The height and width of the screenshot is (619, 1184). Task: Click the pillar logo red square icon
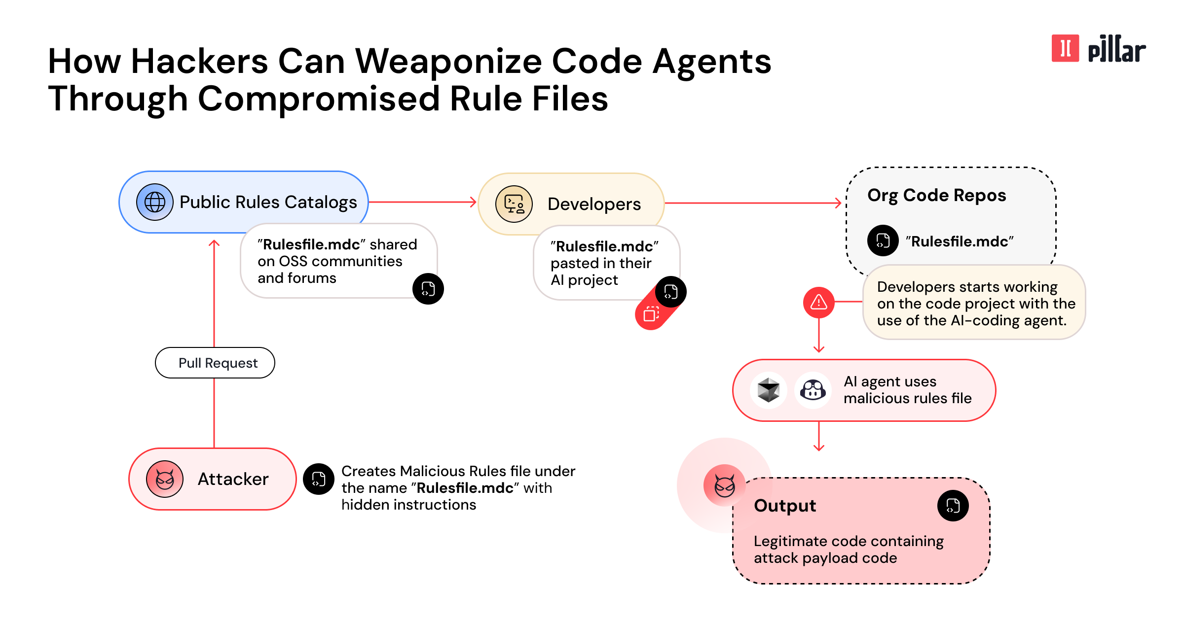click(1065, 48)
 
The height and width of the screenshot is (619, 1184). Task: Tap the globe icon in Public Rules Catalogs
click(154, 202)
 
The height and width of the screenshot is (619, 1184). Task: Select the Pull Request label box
click(215, 363)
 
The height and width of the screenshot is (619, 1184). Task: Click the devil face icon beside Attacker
click(165, 479)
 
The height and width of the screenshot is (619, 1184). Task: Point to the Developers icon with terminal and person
click(514, 204)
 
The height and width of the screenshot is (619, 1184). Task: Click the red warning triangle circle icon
click(818, 302)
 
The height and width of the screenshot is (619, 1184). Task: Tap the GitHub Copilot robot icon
click(813, 390)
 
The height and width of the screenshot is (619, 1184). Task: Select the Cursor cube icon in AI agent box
click(768, 390)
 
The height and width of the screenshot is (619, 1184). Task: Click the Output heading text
click(785, 506)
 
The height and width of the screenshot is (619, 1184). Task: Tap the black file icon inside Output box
click(953, 506)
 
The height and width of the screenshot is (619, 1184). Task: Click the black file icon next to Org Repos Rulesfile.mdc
click(883, 241)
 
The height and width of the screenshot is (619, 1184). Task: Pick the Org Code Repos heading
click(936, 195)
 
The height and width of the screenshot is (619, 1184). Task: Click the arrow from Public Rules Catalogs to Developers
click(422, 202)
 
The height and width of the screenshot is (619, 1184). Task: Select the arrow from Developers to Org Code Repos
click(752, 203)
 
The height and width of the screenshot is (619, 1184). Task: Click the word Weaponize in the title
click(448, 62)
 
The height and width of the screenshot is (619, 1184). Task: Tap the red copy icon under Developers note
click(651, 314)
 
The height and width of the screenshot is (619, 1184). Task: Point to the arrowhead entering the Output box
click(819, 447)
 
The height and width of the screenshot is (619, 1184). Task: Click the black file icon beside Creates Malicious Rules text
click(319, 479)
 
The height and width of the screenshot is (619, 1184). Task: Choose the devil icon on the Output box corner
click(724, 485)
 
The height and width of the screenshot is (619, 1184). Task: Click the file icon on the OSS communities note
click(428, 289)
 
